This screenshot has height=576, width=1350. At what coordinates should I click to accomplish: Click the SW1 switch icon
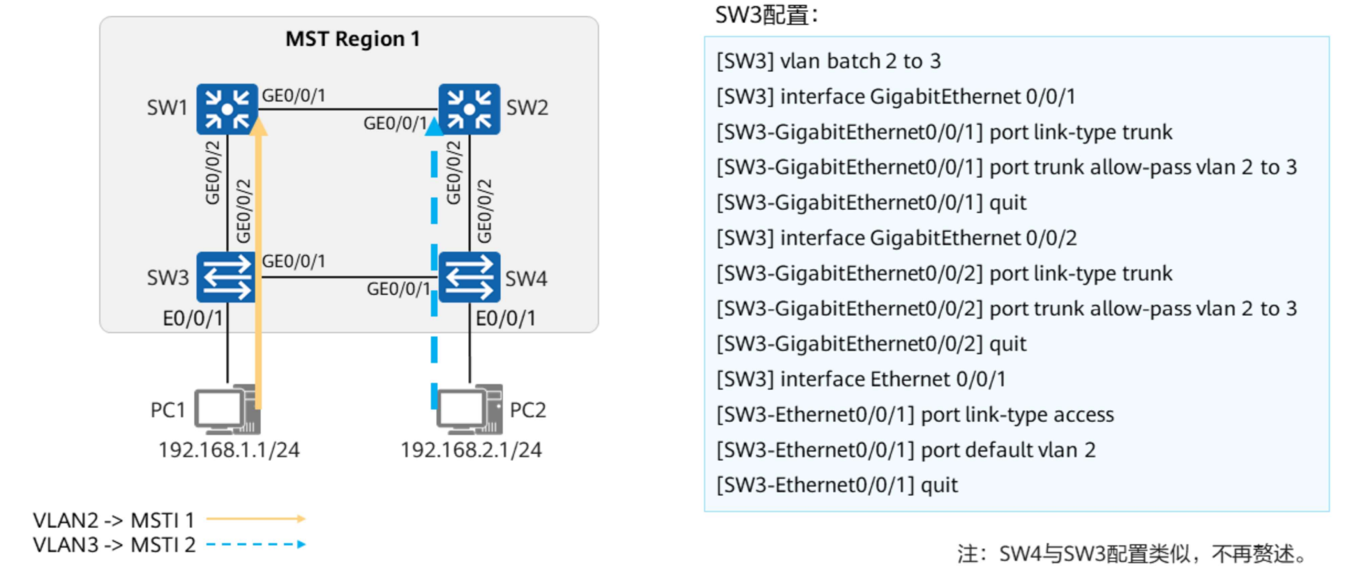pos(226,109)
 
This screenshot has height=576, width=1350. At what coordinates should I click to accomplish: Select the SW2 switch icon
pos(469,109)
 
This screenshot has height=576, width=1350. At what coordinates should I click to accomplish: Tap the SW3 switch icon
pos(226,277)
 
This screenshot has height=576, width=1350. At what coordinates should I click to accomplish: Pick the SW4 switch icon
pos(469,277)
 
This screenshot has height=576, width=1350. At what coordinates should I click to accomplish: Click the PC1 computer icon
pos(226,409)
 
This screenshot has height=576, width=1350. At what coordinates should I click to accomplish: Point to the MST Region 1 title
pos(352,39)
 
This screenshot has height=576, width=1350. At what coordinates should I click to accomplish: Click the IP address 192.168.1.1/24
pos(229,450)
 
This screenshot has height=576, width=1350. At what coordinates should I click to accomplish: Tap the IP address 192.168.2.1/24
pos(471,450)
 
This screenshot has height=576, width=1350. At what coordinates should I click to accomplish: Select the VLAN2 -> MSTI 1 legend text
pos(114,520)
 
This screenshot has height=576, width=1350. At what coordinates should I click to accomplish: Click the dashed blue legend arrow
pos(256,545)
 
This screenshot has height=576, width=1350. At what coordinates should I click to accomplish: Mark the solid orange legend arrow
pos(256,519)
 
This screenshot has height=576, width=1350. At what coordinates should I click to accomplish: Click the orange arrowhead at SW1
pos(258,126)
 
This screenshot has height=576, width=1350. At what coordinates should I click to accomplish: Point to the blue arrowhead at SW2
pos(434,127)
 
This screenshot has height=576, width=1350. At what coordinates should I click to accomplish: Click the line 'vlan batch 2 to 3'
pos(828,61)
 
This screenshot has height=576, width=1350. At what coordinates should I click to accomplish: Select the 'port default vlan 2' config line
pos(906,450)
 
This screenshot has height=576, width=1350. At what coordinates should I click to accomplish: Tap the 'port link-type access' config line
pos(915,415)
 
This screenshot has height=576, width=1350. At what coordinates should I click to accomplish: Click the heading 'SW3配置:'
pos(766,15)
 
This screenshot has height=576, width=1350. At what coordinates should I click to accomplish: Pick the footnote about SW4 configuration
pos(1132,554)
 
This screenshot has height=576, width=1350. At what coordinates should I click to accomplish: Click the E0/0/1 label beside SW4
pos(506,319)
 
